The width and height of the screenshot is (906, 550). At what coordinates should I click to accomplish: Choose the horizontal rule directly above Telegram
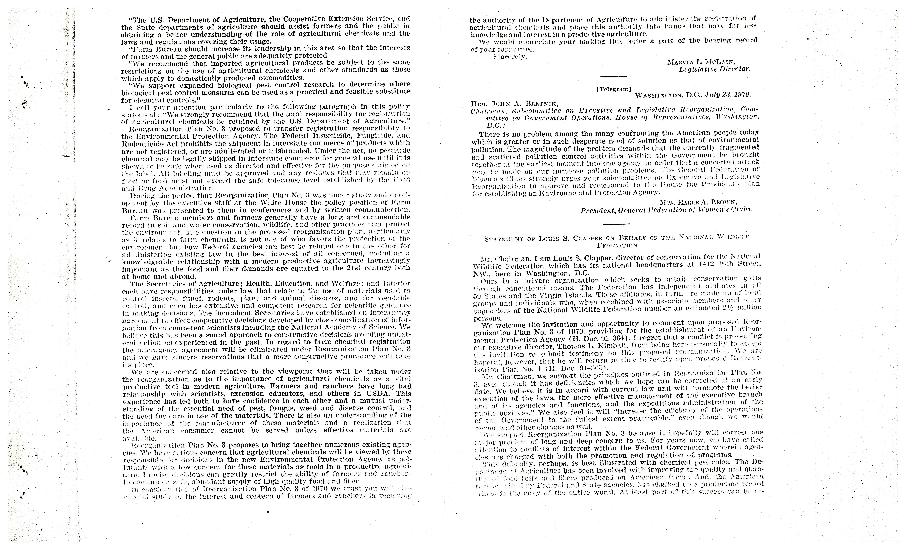[x=613, y=76]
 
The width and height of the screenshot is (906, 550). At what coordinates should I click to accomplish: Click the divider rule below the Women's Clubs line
[x=616, y=224]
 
